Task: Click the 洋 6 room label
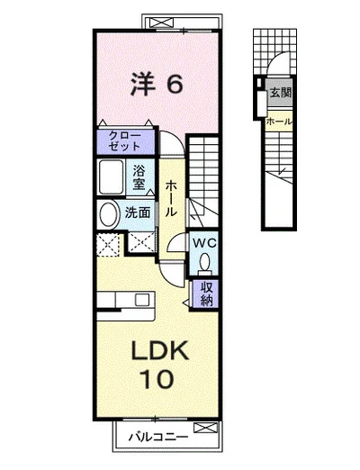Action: coord(157,85)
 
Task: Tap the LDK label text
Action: coord(160,351)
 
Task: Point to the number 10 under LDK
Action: coord(157,379)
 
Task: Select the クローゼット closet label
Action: coord(125,141)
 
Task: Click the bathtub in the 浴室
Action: coord(111,177)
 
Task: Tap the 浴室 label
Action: coord(139,177)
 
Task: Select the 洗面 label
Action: coord(138,212)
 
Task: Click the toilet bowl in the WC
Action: coord(205,262)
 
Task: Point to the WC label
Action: coord(204,243)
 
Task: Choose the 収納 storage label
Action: coord(206,294)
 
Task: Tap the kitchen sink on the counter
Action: coord(142,300)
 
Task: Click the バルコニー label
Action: coord(158,437)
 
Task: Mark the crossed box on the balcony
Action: coord(205,428)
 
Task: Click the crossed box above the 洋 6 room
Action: coord(162,23)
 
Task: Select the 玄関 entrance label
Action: coord(281,93)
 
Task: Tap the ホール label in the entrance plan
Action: coord(279,122)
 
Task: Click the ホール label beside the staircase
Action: coord(171,198)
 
